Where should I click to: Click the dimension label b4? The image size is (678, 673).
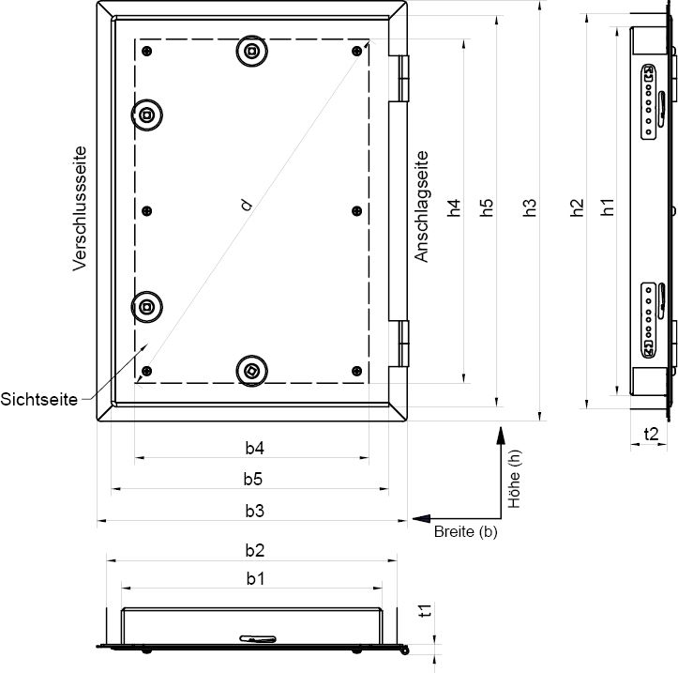pyautogui.click(x=255, y=448)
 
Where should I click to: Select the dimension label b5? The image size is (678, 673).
pyautogui.click(x=253, y=479)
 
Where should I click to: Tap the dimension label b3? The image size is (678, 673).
pyautogui.click(x=255, y=512)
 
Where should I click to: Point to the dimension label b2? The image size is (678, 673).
pyautogui.click(x=255, y=551)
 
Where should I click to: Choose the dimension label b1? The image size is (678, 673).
pyautogui.click(x=255, y=578)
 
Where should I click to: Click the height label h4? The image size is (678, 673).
pyautogui.click(x=454, y=207)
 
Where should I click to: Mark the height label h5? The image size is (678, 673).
pyautogui.click(x=486, y=207)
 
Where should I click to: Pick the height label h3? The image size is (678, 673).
pyautogui.click(x=529, y=207)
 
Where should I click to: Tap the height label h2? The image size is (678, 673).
pyautogui.click(x=577, y=207)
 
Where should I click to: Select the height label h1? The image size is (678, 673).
pyautogui.click(x=608, y=207)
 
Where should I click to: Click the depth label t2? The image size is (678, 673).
pyautogui.click(x=651, y=434)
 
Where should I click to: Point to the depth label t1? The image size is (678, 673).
pyautogui.click(x=426, y=610)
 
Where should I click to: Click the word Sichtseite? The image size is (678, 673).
pyautogui.click(x=38, y=399)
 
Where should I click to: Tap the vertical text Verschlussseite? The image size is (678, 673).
pyautogui.click(x=80, y=208)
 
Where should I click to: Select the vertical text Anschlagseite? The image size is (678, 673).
pyautogui.click(x=421, y=206)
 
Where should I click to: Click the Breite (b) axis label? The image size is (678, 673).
pyautogui.click(x=466, y=531)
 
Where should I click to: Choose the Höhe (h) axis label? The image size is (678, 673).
pyautogui.click(x=514, y=479)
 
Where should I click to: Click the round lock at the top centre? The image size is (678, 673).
pyautogui.click(x=252, y=51)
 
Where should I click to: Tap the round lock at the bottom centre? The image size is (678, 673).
pyautogui.click(x=252, y=371)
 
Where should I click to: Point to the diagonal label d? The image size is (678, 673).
pyautogui.click(x=247, y=205)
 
